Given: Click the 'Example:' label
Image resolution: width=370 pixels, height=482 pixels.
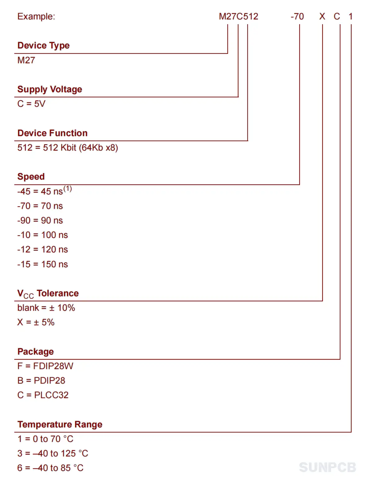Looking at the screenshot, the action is coord(36,17).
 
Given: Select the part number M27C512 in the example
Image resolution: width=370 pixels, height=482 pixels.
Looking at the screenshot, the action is coord(238,16).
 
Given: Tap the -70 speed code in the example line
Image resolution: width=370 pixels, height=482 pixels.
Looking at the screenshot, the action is coord(297,16).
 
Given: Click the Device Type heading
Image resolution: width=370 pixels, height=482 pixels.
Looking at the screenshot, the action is coord(43,46).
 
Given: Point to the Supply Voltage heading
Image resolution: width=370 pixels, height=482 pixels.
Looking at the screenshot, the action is coord(50,89).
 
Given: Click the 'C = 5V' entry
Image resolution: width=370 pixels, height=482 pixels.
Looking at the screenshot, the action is coord(31,103).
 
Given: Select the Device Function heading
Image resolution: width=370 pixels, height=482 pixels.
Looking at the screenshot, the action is coord(52,133).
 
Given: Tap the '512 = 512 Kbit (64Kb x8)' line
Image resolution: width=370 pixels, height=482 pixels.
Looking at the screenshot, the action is coord(68,147).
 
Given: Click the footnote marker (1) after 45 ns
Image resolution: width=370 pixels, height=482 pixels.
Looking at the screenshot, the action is coord(68,189).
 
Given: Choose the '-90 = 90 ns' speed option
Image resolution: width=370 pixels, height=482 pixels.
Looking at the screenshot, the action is coord(40,220).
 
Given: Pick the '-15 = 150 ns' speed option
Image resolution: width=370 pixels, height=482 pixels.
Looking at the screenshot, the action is coord(42,264).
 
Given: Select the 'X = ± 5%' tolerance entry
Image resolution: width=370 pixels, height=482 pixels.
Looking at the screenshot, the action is coord(36,322).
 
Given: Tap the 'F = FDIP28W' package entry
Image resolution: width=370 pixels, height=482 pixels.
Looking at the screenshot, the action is coord(45,366).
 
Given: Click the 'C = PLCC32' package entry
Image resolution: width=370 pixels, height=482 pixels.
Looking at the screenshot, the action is coord(43,395).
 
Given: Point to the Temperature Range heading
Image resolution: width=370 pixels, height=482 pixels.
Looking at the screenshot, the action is coord(60,424).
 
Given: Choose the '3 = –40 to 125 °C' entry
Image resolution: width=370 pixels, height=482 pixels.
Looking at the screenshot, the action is coord(53,453).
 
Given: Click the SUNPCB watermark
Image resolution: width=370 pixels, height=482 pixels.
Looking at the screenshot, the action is coord(328,467).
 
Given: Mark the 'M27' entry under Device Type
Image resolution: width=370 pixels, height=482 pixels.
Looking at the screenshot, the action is coord(26,60).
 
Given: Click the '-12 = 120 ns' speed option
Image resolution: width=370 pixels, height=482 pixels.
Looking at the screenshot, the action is coord(42,249).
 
